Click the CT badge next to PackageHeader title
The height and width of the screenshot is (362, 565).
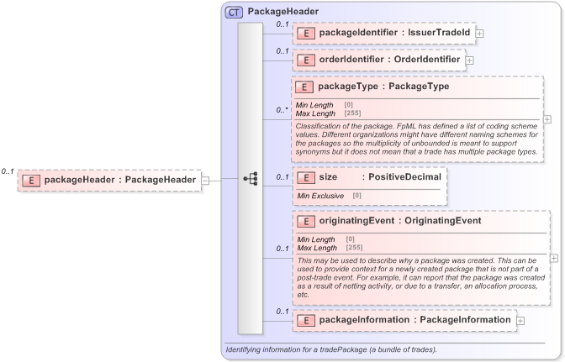(234, 13)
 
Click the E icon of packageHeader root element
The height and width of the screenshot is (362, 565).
(31, 180)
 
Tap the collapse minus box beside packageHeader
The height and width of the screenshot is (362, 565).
(205, 180)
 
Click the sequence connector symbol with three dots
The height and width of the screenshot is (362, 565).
(251, 180)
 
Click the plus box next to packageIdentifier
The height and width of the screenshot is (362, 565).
(479, 34)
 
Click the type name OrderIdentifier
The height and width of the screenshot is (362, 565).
(428, 60)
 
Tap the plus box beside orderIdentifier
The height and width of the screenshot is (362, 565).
(469, 60)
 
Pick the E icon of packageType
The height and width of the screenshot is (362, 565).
(305, 87)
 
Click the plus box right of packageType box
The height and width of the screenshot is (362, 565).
(547, 118)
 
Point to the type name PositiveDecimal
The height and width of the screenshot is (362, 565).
(404, 177)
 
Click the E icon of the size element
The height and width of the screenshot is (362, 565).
(305, 177)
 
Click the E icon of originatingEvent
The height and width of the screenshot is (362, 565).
(305, 221)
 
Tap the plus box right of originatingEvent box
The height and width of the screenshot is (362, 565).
(553, 258)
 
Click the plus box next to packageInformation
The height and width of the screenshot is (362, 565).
(520, 321)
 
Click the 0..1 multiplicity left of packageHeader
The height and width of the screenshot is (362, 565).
(8, 171)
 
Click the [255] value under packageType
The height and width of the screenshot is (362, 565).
(352, 112)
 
